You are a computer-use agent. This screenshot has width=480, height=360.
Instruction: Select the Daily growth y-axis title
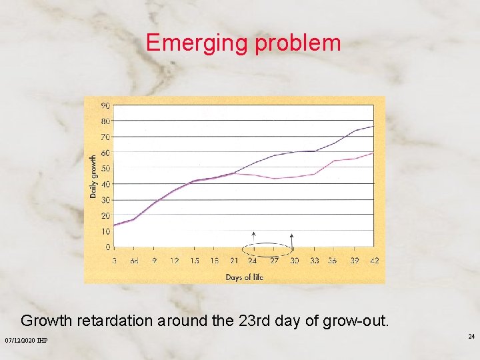click(x=93, y=177)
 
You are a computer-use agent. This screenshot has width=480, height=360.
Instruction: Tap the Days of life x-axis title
click(x=244, y=277)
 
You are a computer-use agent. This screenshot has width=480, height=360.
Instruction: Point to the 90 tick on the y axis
click(x=105, y=105)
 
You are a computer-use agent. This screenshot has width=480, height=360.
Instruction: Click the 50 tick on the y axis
click(x=105, y=168)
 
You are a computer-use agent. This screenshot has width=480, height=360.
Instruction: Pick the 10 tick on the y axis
click(x=105, y=231)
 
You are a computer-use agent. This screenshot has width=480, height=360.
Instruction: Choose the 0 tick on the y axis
click(x=107, y=247)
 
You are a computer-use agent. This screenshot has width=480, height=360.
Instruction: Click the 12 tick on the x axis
click(x=174, y=261)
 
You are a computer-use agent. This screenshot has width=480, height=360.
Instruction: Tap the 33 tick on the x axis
click(x=314, y=261)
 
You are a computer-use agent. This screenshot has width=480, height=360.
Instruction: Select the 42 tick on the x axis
click(x=374, y=261)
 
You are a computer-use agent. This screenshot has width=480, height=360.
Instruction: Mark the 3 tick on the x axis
click(x=114, y=261)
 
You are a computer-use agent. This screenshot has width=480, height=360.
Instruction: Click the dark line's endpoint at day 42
click(x=373, y=126)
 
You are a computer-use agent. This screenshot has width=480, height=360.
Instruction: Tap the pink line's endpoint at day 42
click(x=373, y=153)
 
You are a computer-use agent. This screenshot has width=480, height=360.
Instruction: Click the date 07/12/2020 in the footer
click(x=21, y=341)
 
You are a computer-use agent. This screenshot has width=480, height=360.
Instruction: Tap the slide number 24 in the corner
click(x=471, y=337)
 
